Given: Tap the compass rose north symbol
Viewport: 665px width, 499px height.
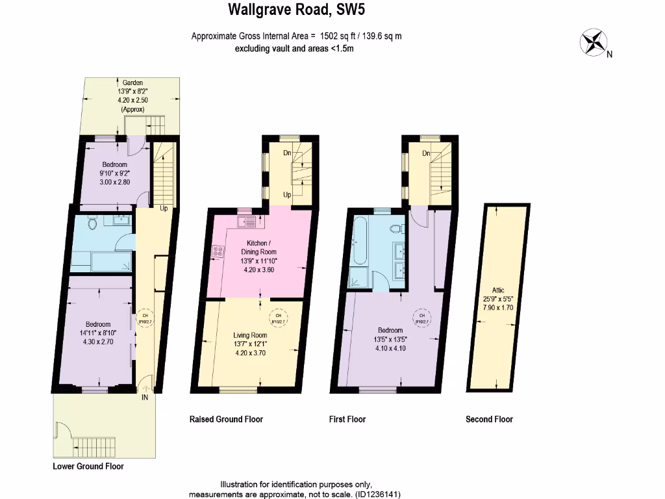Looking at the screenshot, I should (x=593, y=43).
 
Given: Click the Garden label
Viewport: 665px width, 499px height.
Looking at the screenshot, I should (x=129, y=83).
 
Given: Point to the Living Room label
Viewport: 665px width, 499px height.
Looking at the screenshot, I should (x=250, y=335).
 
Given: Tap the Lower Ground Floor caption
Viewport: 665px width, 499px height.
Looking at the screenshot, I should (x=88, y=467).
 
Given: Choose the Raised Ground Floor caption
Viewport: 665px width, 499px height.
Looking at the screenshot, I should (x=226, y=419).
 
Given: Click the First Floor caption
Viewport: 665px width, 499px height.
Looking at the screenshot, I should (x=347, y=419).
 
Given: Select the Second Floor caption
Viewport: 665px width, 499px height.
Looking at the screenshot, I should (x=489, y=419).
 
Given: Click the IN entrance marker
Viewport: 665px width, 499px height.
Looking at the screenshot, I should (x=145, y=398).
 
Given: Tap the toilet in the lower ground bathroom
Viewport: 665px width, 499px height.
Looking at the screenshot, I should (x=92, y=224).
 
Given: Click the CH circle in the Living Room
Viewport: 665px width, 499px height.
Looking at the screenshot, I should (x=275, y=318).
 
